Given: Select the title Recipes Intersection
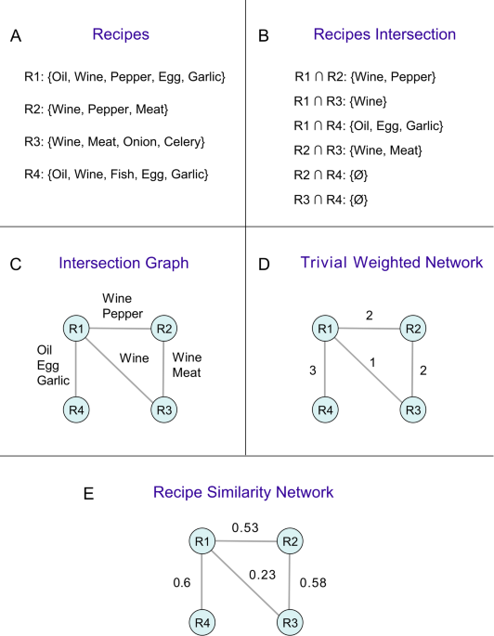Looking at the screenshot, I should coord(371,35).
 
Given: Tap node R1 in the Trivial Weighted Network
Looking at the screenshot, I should coord(323,328).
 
